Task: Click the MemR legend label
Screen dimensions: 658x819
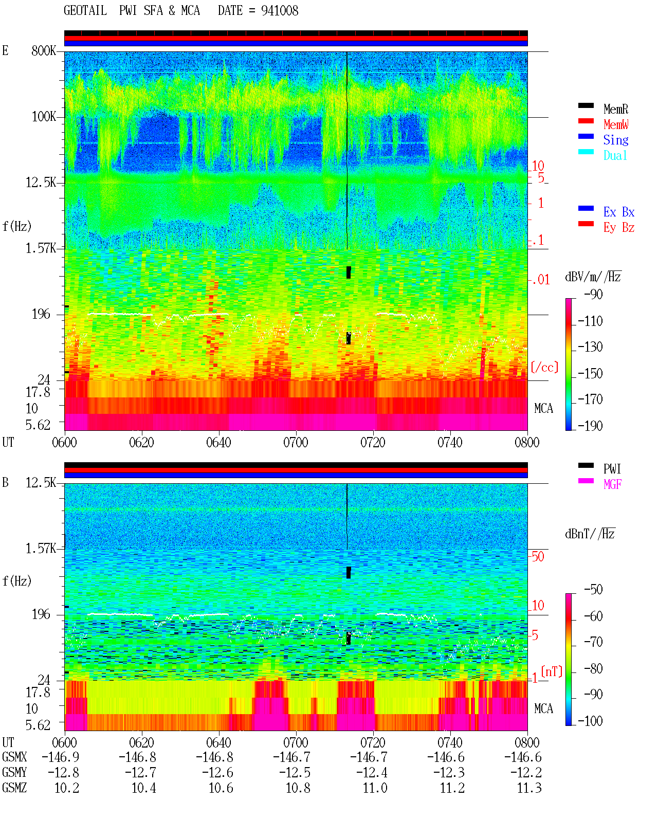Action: [x=615, y=109]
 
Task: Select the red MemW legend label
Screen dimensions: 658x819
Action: [x=615, y=124]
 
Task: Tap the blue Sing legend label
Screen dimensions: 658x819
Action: [x=615, y=140]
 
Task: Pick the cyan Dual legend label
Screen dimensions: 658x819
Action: [x=615, y=155]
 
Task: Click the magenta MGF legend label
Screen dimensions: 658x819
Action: [x=612, y=484]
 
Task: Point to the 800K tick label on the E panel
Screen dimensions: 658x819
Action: [x=43, y=50]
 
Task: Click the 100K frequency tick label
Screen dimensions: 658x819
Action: [x=44, y=117]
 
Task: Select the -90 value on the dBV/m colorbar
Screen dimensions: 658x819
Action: [x=593, y=294]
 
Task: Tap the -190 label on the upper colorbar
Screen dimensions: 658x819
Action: [x=590, y=426]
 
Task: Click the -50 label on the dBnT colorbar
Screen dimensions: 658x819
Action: [x=593, y=589]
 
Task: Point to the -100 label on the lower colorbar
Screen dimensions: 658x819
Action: [x=590, y=721]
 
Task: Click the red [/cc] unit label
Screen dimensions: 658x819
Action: [x=544, y=367]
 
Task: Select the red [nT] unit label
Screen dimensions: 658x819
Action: [x=552, y=671]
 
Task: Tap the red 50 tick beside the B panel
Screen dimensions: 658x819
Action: [x=538, y=556]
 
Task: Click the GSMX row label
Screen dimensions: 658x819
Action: [x=14, y=757]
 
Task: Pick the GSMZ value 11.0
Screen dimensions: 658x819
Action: [x=375, y=788]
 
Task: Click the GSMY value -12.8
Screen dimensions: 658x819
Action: [x=63, y=773]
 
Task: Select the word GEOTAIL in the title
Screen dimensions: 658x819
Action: [x=85, y=11]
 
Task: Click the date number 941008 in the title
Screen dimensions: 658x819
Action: [x=280, y=11]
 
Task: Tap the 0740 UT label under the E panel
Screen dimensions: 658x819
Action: [x=450, y=443]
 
